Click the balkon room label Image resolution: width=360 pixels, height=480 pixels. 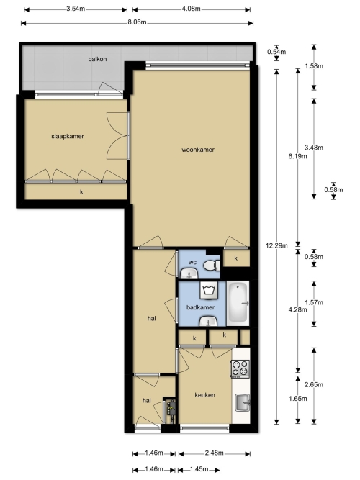[x=97, y=59]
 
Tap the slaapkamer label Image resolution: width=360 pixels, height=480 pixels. [x=68, y=136]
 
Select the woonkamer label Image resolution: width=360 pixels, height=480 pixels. [x=198, y=150]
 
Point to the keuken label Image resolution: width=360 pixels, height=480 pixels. [x=204, y=395]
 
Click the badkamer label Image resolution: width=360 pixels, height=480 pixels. [x=200, y=307]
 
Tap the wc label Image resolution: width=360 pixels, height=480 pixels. [x=192, y=263]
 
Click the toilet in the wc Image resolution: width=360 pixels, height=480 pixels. [x=212, y=265]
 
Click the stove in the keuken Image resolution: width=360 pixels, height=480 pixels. [x=240, y=368]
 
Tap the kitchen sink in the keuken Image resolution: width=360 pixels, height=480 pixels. [x=243, y=402]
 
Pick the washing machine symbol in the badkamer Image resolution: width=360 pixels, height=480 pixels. [x=209, y=290]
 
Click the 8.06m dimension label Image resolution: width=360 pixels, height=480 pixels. [x=137, y=22]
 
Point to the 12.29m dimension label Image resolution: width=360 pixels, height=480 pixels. [x=276, y=245]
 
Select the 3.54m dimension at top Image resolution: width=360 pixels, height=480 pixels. [x=76, y=9]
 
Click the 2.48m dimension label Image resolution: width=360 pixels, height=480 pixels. [x=214, y=453]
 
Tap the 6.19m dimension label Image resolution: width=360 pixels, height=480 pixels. [x=297, y=156]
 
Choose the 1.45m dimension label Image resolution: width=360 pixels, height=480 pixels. [x=199, y=469]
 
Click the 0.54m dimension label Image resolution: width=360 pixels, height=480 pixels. [x=276, y=52]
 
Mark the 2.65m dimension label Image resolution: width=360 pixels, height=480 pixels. [x=314, y=384]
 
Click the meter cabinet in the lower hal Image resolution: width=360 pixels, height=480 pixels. [x=170, y=409]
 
